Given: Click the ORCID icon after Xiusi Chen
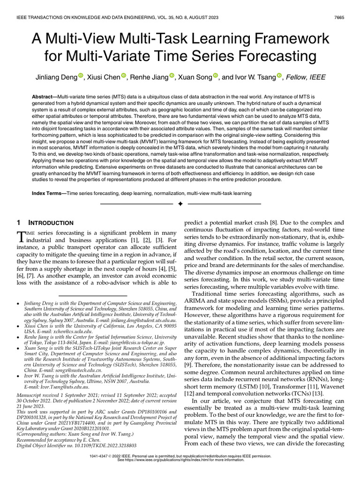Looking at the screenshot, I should tap(124, 76).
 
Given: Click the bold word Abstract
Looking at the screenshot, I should tap(45, 96).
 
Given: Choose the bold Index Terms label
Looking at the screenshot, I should tap(48, 193).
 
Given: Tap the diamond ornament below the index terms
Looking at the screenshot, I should tap(180, 204).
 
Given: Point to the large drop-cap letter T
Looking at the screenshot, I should tap(21, 236).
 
